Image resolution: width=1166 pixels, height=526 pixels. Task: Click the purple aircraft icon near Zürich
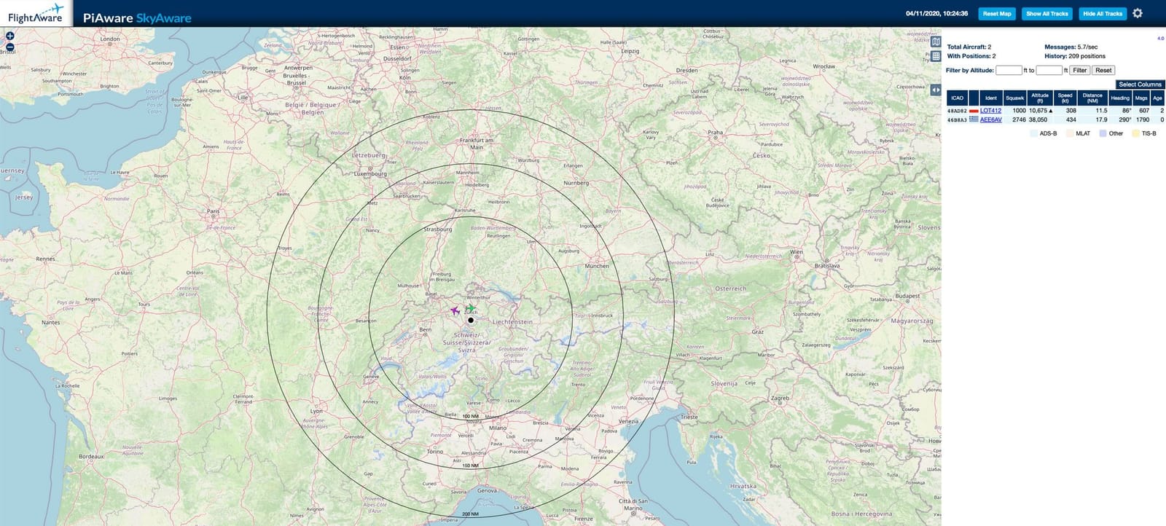455,311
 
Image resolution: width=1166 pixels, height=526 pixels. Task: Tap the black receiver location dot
471,320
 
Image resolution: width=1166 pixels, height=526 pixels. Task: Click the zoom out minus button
10,47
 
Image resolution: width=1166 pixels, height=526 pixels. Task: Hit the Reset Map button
996,14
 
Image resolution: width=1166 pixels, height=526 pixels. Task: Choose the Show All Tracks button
1046,14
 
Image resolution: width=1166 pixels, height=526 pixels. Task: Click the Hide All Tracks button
1103,14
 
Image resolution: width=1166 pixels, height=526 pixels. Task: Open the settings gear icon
1138,14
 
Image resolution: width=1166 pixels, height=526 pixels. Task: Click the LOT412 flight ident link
990,111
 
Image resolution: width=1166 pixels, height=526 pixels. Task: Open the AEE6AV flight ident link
990,119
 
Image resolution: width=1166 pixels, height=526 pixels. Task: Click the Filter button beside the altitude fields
1079,71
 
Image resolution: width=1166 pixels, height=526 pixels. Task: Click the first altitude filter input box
1009,71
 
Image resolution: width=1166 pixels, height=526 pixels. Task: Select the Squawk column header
1014,98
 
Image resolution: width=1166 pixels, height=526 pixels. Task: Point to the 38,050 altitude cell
1038,119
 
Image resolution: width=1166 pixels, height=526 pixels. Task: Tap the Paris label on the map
213,211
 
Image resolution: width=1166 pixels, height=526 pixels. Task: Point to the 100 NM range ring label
471,417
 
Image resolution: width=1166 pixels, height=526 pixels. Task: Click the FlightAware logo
36,14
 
